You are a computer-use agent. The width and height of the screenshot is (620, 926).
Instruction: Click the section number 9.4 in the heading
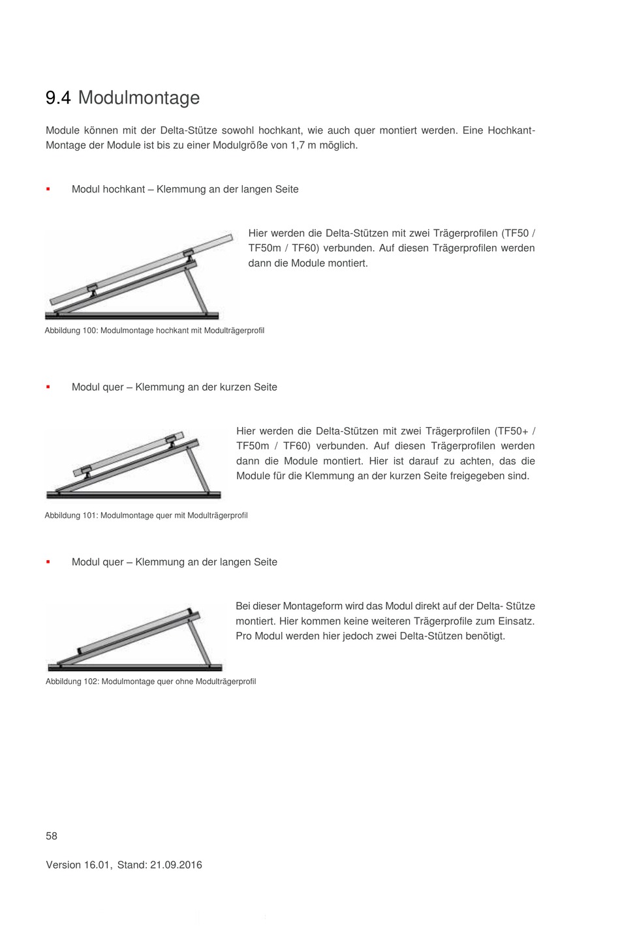pos(58,98)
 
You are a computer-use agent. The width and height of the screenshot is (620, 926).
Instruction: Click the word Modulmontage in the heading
pos(139,98)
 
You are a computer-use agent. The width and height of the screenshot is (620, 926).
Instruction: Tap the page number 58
pos(52,836)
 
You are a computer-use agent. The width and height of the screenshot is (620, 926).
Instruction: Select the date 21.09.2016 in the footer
pos(176,865)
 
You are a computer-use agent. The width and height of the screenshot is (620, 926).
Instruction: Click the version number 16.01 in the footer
pos(97,865)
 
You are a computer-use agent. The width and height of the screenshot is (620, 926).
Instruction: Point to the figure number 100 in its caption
pos(90,331)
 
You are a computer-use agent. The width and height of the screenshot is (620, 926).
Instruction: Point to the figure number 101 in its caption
pos(90,516)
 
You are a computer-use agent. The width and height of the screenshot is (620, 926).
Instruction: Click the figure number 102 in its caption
pos(91,681)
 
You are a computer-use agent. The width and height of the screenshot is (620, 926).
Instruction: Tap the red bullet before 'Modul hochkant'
pos(48,190)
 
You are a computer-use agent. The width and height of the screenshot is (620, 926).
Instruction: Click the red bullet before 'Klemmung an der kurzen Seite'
pos(48,387)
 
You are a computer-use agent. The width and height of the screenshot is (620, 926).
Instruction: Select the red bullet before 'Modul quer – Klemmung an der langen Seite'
pos(48,562)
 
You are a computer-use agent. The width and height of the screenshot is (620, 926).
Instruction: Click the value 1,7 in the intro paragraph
pos(298,145)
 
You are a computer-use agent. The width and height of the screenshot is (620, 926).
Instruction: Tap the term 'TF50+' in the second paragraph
pos(512,431)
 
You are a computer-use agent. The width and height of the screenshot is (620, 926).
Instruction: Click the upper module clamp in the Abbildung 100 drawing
pos(188,254)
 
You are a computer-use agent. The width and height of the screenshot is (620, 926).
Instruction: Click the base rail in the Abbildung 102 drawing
pos(135,667)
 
